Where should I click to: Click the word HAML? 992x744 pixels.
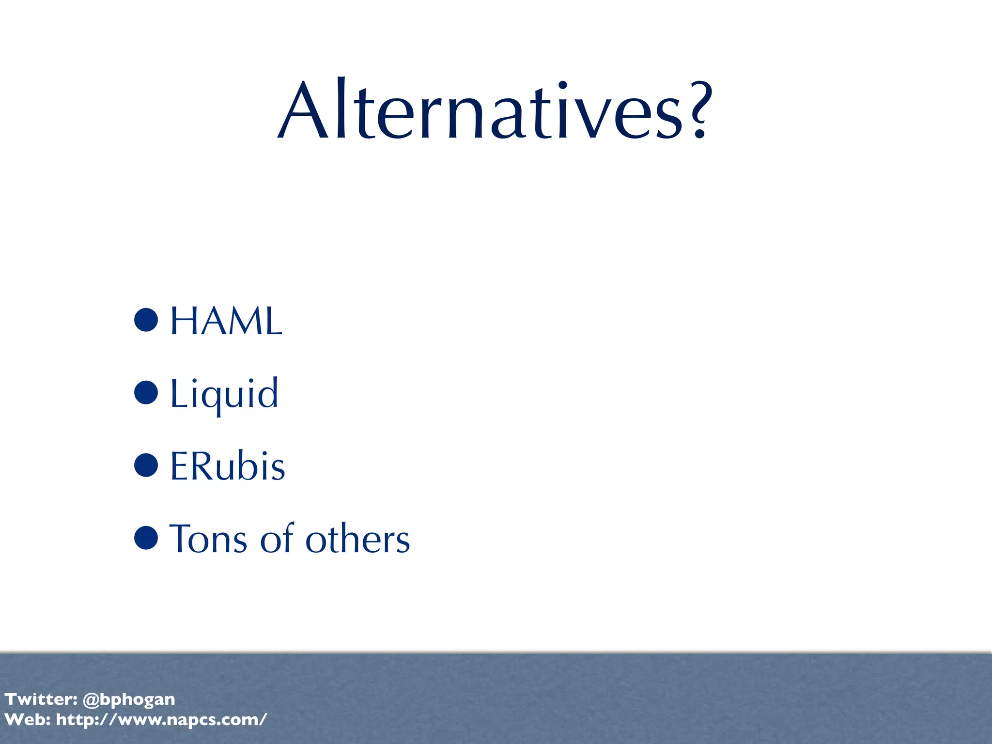point(226,321)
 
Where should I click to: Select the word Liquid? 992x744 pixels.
point(224,393)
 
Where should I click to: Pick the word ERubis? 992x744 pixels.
point(228,466)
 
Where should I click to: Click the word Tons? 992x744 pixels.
point(208,539)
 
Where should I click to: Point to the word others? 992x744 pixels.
point(357,539)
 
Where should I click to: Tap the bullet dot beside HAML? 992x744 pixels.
point(146,320)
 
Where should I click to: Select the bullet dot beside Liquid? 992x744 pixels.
point(146,392)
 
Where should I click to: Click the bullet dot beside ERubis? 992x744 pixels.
point(146,465)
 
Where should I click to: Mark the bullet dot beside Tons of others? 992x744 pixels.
point(146,538)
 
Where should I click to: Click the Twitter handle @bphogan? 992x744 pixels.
point(129,699)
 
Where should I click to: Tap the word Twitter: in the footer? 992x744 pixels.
point(41,699)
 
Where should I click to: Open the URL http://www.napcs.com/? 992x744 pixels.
point(161,720)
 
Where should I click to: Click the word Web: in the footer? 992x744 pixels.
point(27,719)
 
